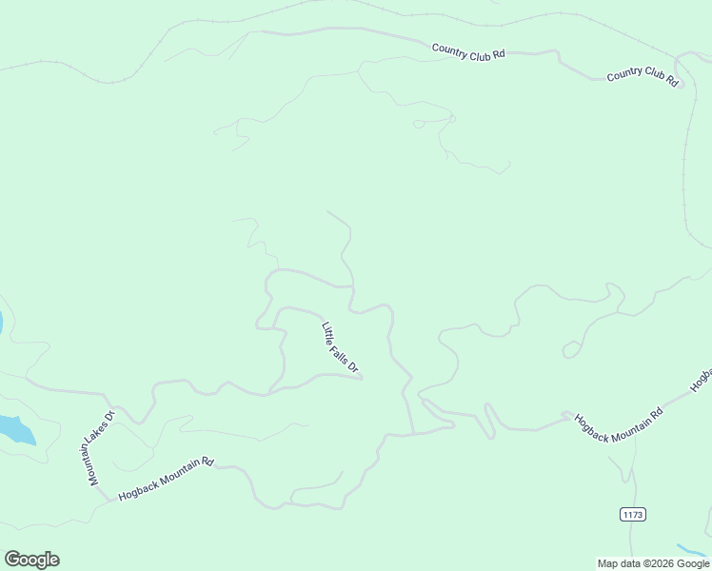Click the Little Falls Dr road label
coord(340,347)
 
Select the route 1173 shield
coord(633,514)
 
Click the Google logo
coord(31,560)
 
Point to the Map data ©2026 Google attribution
coord(654,563)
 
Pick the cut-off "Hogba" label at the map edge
coord(702,379)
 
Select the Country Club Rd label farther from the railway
coord(467,52)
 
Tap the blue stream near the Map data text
coord(693,551)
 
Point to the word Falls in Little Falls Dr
coord(340,348)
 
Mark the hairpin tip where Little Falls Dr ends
coord(362,379)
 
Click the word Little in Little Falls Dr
coord(327,330)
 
